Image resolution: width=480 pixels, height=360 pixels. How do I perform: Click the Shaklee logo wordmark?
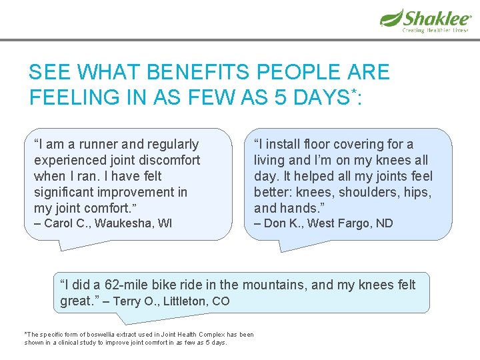pos(437,17)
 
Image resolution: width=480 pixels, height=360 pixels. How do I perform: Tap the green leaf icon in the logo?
pos(391,17)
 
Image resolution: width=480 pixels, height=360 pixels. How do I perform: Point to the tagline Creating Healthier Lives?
pos(434,30)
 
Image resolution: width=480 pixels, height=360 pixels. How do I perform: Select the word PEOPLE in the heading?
pos(291,72)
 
